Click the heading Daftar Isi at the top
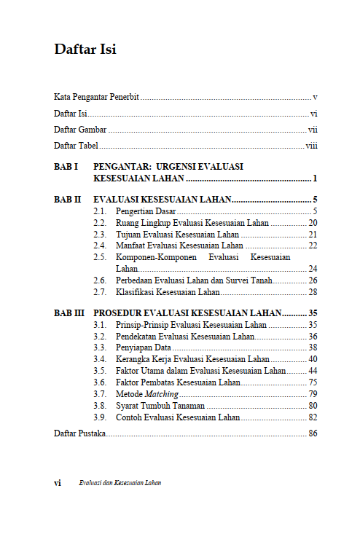pos(85,50)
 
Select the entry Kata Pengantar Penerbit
pos(97,97)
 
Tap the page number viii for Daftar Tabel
pos(311,146)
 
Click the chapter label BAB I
pos(66,167)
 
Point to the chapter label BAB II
pos(68,199)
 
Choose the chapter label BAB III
pos(69,313)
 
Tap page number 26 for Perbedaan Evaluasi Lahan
pos(312,280)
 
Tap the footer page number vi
pos(58,483)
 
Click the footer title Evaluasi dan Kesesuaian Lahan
pos(120,483)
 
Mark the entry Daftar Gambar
pos(80,130)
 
